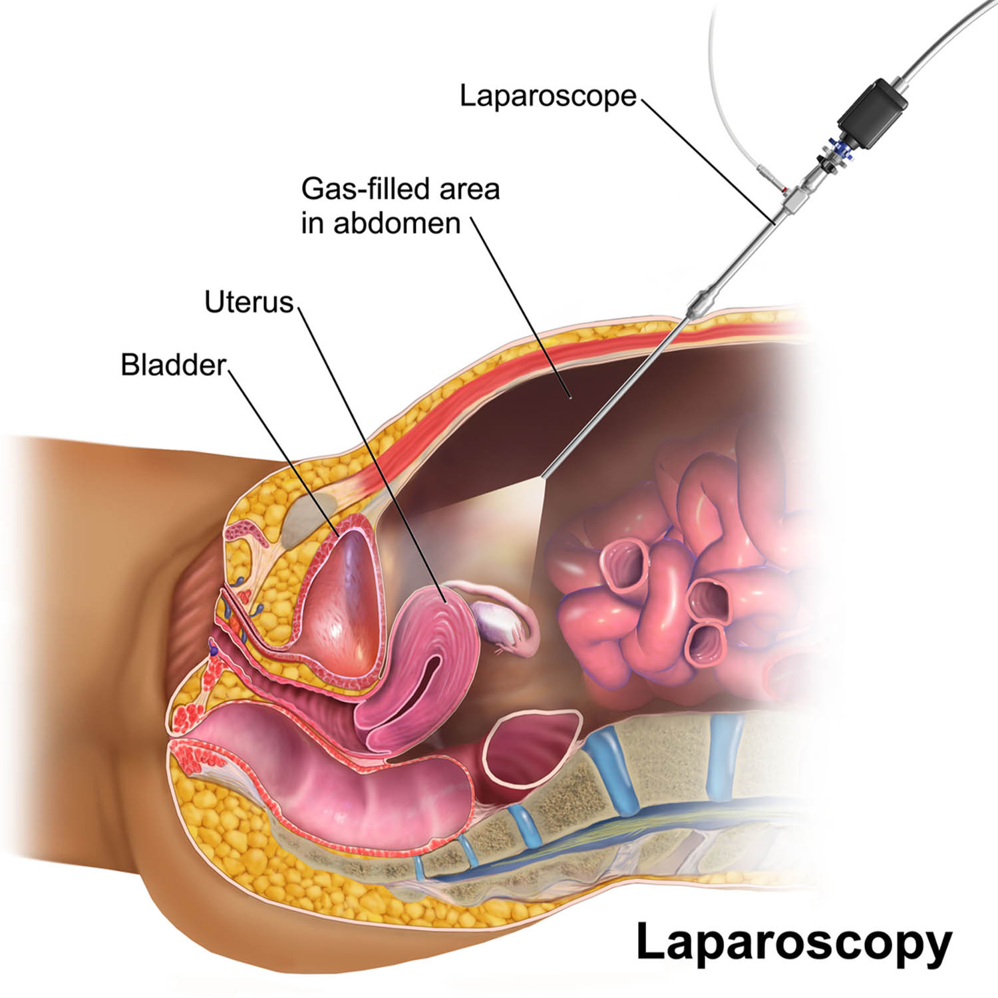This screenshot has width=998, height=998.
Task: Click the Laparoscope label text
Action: tap(548, 96)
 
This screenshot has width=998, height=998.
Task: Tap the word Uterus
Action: tap(249, 303)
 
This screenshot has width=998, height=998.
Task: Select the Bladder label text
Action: tap(174, 365)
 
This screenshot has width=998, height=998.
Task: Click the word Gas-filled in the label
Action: tap(365, 190)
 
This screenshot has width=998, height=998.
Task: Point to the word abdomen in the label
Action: tap(397, 224)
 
